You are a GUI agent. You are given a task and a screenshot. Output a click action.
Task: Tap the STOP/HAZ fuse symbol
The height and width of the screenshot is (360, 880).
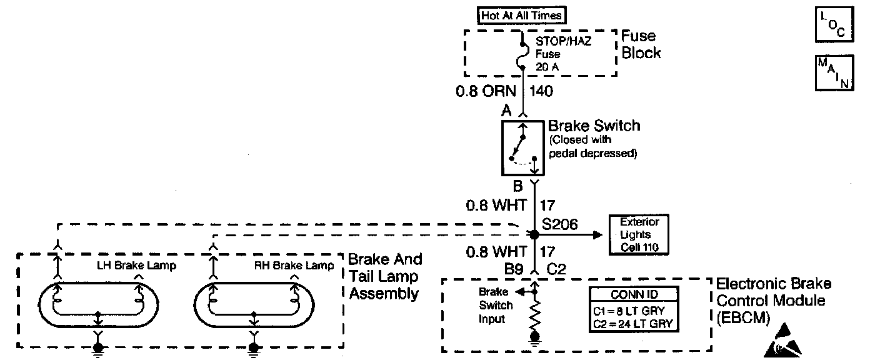(x=522, y=56)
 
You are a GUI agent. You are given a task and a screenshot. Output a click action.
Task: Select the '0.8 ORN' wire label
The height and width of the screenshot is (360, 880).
(x=485, y=92)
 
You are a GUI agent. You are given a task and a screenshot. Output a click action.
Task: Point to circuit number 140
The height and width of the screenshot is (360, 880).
(x=541, y=92)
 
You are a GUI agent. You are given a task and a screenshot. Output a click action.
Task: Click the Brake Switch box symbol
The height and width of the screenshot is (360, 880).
(x=523, y=148)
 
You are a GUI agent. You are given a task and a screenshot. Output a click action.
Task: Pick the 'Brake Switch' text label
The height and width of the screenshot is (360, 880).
(x=594, y=126)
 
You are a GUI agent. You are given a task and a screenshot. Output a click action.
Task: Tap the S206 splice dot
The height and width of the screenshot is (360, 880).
(x=534, y=235)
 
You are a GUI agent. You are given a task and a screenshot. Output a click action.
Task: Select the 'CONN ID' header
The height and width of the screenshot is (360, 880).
(x=634, y=295)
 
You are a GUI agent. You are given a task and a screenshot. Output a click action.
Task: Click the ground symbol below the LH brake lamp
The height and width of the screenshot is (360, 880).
(x=98, y=348)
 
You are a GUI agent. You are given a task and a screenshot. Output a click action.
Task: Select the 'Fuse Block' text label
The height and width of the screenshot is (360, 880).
(x=641, y=44)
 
